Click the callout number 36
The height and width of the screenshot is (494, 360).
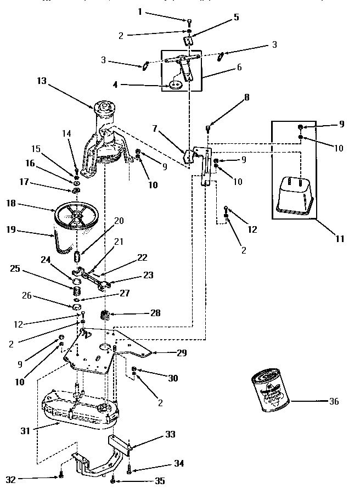click(333, 401)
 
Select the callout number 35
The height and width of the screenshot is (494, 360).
click(160, 481)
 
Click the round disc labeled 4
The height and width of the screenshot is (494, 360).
click(175, 85)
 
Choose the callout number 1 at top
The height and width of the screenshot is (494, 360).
click(139, 12)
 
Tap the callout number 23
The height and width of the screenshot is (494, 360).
click(148, 275)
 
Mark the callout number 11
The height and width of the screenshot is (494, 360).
click(340, 239)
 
